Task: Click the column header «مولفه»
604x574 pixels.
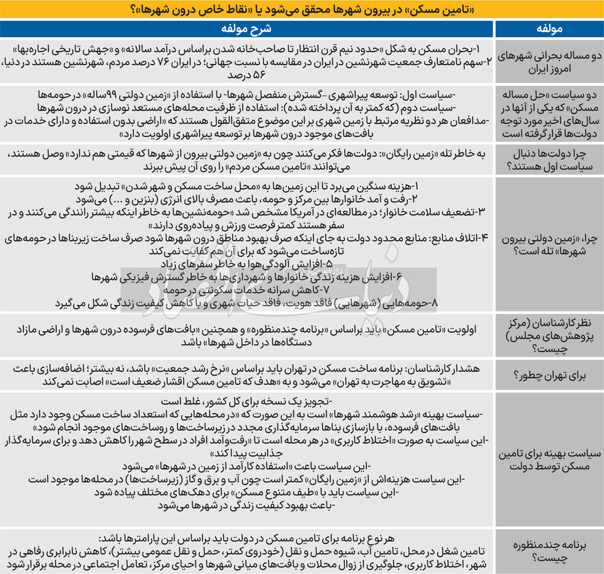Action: (549, 29)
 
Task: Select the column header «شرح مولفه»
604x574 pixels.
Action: (246, 29)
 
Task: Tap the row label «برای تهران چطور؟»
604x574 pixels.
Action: (549, 375)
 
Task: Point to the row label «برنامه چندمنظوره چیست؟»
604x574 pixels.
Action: (549, 551)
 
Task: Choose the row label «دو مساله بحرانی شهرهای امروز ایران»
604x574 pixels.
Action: (549, 62)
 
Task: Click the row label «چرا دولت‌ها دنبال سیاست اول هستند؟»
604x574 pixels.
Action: (549, 160)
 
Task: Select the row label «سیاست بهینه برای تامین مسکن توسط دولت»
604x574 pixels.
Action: (549, 460)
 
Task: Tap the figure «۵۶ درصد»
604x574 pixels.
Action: (246, 75)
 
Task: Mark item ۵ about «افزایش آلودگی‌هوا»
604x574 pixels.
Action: (246, 264)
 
